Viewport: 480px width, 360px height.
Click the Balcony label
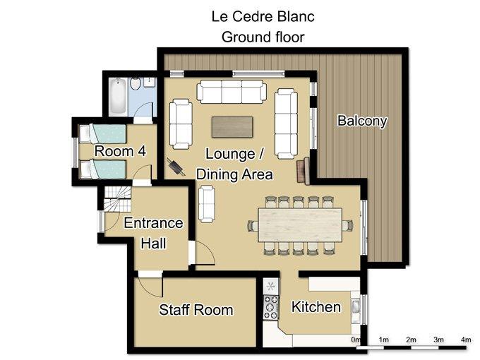pyautogui.click(x=362, y=121)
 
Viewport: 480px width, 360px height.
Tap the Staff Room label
pyautogui.click(x=196, y=310)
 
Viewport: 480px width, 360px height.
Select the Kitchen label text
pyautogui.click(x=316, y=307)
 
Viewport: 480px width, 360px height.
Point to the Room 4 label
pyautogui.click(x=120, y=151)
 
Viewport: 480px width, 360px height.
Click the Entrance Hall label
pyautogui.click(x=153, y=233)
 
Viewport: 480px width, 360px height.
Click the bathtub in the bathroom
pyautogui.click(x=118, y=96)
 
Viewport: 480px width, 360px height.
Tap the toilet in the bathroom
pyautogui.click(x=135, y=83)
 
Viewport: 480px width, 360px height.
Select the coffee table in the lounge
pyautogui.click(x=232, y=127)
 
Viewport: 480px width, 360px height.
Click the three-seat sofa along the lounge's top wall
pyautogui.click(x=232, y=92)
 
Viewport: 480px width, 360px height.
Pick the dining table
pyautogui.click(x=300, y=225)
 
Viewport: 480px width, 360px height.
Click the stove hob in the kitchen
pyautogui.click(x=271, y=307)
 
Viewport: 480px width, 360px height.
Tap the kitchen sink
pyautogui.click(x=356, y=307)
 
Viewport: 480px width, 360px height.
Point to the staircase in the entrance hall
pyautogui.click(x=118, y=198)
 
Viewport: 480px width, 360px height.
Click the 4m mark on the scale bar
pyautogui.click(x=466, y=340)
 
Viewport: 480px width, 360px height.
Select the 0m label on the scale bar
pyautogui.click(x=356, y=340)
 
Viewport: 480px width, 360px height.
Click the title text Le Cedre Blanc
pyautogui.click(x=263, y=16)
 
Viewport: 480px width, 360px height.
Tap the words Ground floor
pyautogui.click(x=263, y=37)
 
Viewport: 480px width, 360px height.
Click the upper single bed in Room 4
pyautogui.click(x=102, y=134)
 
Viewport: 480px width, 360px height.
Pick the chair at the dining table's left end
pyautogui.click(x=253, y=226)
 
